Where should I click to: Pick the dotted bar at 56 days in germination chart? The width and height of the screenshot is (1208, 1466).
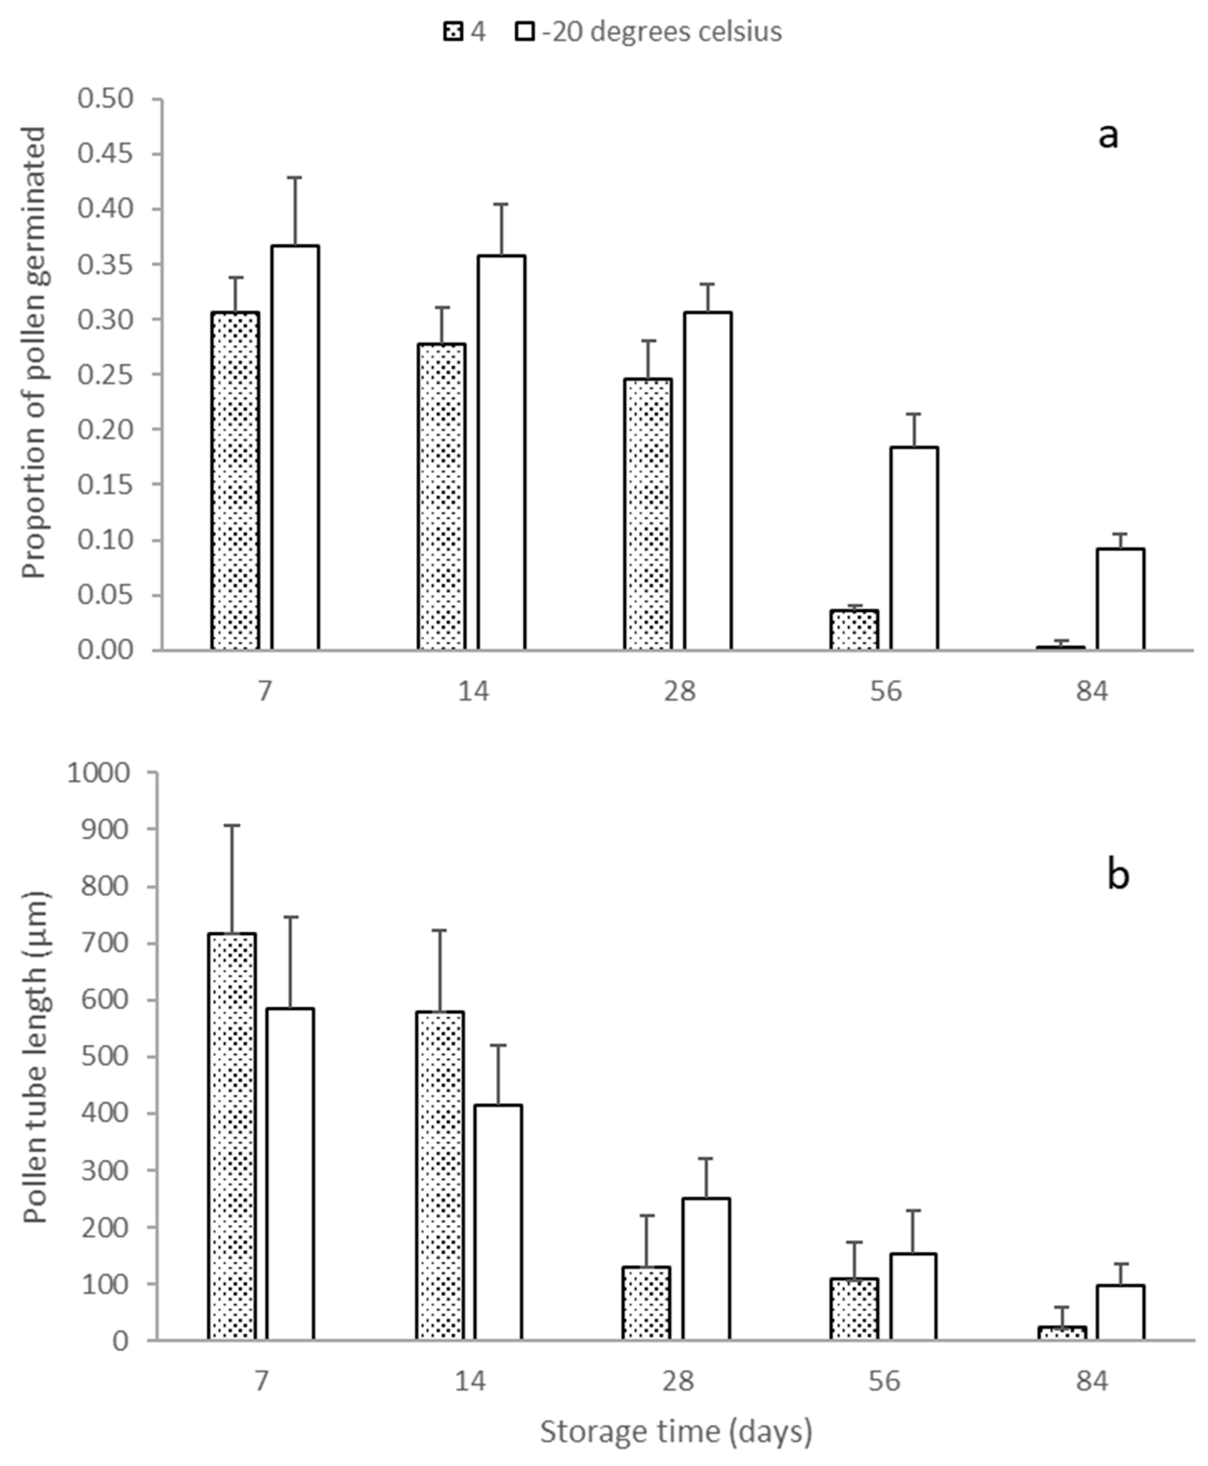coord(854,630)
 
